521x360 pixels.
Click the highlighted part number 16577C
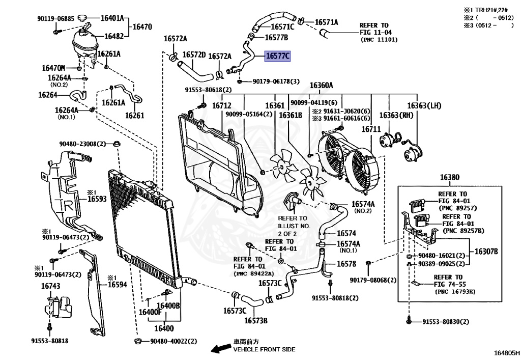(277, 56)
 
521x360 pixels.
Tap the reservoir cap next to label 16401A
(83, 17)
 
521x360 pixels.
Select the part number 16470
(142, 26)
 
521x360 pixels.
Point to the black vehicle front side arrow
(221, 348)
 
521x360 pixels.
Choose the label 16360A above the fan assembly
(322, 86)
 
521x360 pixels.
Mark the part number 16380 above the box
(450, 178)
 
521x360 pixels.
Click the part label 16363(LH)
(424, 106)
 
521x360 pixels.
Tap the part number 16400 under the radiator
(164, 328)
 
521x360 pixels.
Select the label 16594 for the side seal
(118, 285)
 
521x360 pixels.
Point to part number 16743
(51, 286)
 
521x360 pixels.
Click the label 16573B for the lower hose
(256, 320)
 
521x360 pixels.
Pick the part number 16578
(346, 264)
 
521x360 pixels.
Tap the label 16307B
(486, 252)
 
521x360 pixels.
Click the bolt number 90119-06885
(56, 19)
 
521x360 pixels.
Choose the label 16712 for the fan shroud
(222, 106)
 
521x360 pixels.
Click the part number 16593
(97, 199)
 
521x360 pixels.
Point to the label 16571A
(326, 22)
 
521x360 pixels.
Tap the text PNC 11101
(379, 40)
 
